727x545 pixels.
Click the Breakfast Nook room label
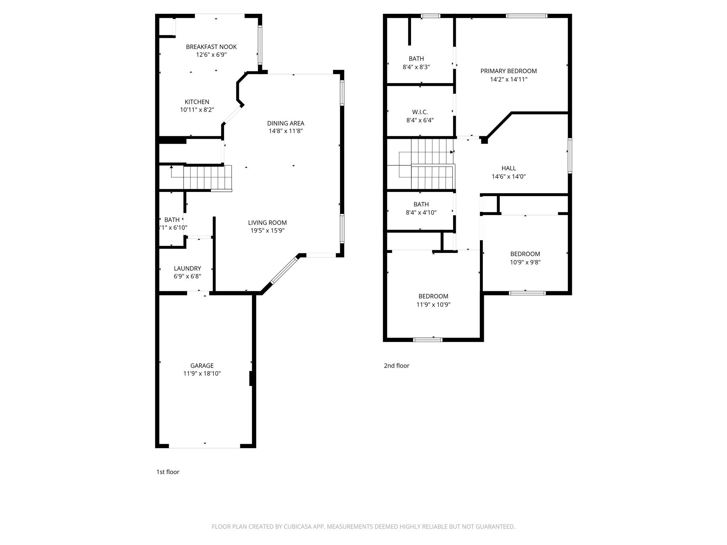click(211, 47)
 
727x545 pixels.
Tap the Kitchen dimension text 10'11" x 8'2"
click(197, 110)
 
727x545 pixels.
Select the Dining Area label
click(286, 123)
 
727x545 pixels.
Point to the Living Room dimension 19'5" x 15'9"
click(267, 231)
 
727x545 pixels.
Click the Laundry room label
click(187, 269)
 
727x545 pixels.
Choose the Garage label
click(202, 365)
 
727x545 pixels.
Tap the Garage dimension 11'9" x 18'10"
click(202, 374)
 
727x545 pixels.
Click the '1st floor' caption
click(168, 472)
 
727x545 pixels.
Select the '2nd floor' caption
click(397, 365)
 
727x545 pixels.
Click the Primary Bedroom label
click(509, 71)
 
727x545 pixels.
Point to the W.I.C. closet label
click(420, 112)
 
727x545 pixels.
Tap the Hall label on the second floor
click(509, 168)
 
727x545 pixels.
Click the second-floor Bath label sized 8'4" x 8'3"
click(416, 59)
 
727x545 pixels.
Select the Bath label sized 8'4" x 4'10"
click(421, 204)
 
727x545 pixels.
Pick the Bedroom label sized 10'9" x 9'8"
click(525, 254)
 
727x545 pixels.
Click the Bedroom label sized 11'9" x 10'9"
click(433, 296)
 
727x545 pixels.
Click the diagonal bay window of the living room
click(284, 270)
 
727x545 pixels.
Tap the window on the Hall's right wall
click(570, 155)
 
